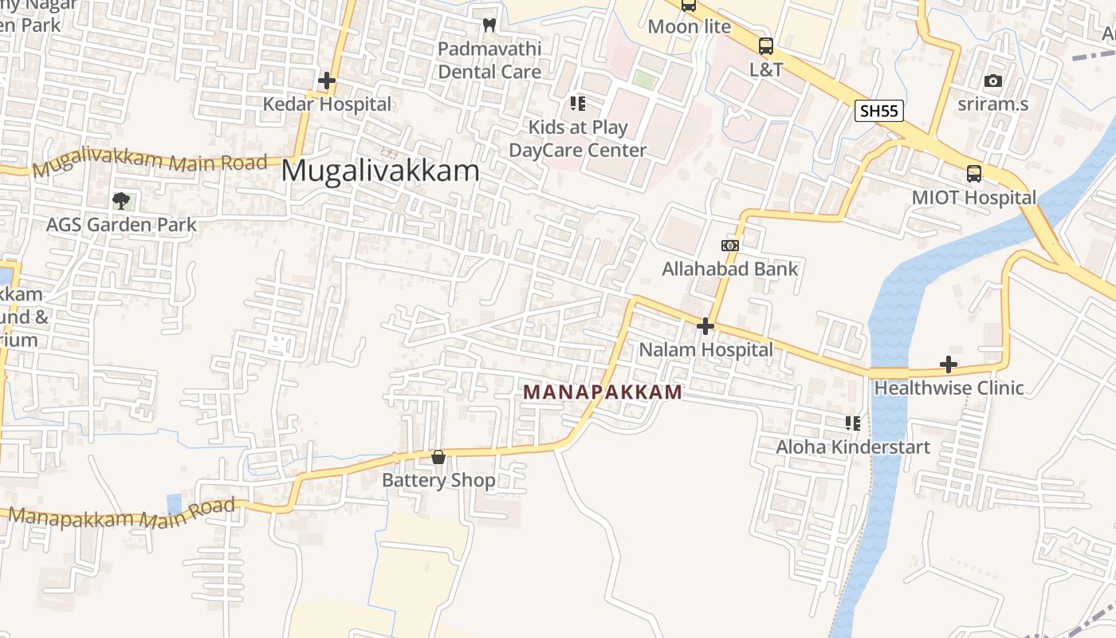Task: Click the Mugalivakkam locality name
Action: pos(380,171)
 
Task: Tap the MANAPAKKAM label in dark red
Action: pos(603,392)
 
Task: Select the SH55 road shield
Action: pos(879,111)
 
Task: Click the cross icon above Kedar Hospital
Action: pos(327,81)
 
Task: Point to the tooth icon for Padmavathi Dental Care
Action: pos(489,26)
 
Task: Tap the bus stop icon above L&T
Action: pos(765,45)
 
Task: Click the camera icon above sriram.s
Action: pos(992,81)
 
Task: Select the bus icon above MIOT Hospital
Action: pos(973,173)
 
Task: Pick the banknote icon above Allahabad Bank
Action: pos(729,246)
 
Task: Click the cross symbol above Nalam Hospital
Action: pos(705,325)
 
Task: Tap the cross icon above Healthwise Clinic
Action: pos(948,364)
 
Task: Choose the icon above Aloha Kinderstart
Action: pos(852,423)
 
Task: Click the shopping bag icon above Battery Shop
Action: pos(438,457)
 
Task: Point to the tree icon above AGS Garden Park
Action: pos(120,200)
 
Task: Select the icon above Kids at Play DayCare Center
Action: pos(577,104)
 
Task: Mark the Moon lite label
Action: pos(689,26)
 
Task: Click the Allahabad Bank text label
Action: pos(729,269)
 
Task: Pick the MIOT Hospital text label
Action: pos(973,197)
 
